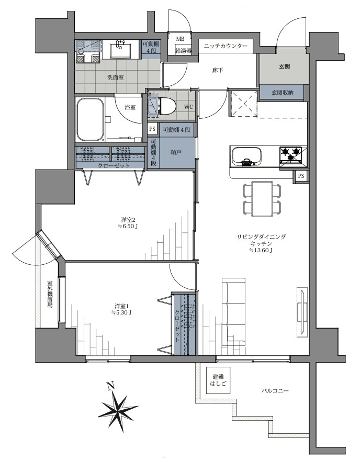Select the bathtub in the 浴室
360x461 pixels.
click(x=91, y=119)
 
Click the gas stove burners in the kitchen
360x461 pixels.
click(x=292, y=155)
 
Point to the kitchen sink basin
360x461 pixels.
click(x=246, y=156)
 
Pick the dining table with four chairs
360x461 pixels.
click(x=262, y=199)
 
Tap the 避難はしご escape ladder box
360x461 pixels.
click(x=219, y=380)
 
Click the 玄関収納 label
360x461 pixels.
click(x=283, y=93)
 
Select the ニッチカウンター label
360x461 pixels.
click(x=226, y=46)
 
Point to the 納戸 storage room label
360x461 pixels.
click(x=176, y=152)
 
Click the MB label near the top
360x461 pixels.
click(x=179, y=39)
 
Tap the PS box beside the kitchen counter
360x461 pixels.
click(x=301, y=176)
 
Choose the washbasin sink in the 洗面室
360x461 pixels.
click(x=120, y=49)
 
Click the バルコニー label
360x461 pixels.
click(x=275, y=391)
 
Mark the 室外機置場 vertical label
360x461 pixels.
click(x=50, y=294)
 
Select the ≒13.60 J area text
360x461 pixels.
click(x=261, y=251)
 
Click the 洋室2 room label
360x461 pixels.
click(x=128, y=220)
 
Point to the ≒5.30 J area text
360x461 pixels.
click(x=121, y=313)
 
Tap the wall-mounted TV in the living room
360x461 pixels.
click(x=302, y=312)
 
